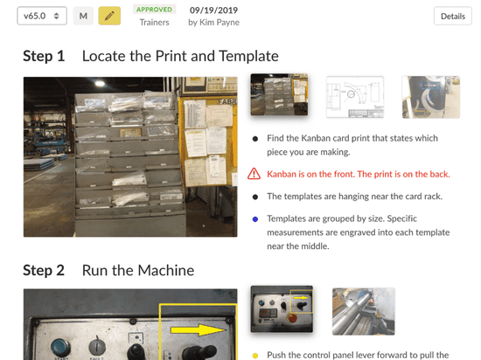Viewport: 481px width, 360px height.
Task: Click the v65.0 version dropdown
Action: click(x=42, y=16)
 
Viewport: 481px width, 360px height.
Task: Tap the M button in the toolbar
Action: click(x=83, y=16)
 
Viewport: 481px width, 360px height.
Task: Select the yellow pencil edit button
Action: click(x=109, y=16)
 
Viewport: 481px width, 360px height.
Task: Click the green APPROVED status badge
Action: click(x=154, y=10)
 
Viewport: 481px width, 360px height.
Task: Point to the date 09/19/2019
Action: click(x=213, y=10)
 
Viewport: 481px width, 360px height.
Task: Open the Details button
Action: click(x=453, y=16)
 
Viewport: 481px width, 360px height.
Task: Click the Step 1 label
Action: click(x=44, y=56)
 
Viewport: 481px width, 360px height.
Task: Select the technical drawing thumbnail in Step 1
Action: click(x=355, y=97)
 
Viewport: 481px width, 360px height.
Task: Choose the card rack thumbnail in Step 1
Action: click(x=279, y=94)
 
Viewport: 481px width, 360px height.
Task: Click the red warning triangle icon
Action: click(x=254, y=174)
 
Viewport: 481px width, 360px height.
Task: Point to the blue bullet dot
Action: click(x=255, y=219)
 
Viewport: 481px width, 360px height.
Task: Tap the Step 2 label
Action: click(x=44, y=271)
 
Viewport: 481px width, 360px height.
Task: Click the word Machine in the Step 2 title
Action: click(x=166, y=271)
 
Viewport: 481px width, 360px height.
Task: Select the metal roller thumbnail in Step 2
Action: click(x=363, y=311)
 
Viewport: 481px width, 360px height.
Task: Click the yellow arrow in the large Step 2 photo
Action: click(x=199, y=330)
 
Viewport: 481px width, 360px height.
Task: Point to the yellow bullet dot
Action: click(x=255, y=356)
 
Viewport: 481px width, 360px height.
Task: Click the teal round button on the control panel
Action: click(x=60, y=349)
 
